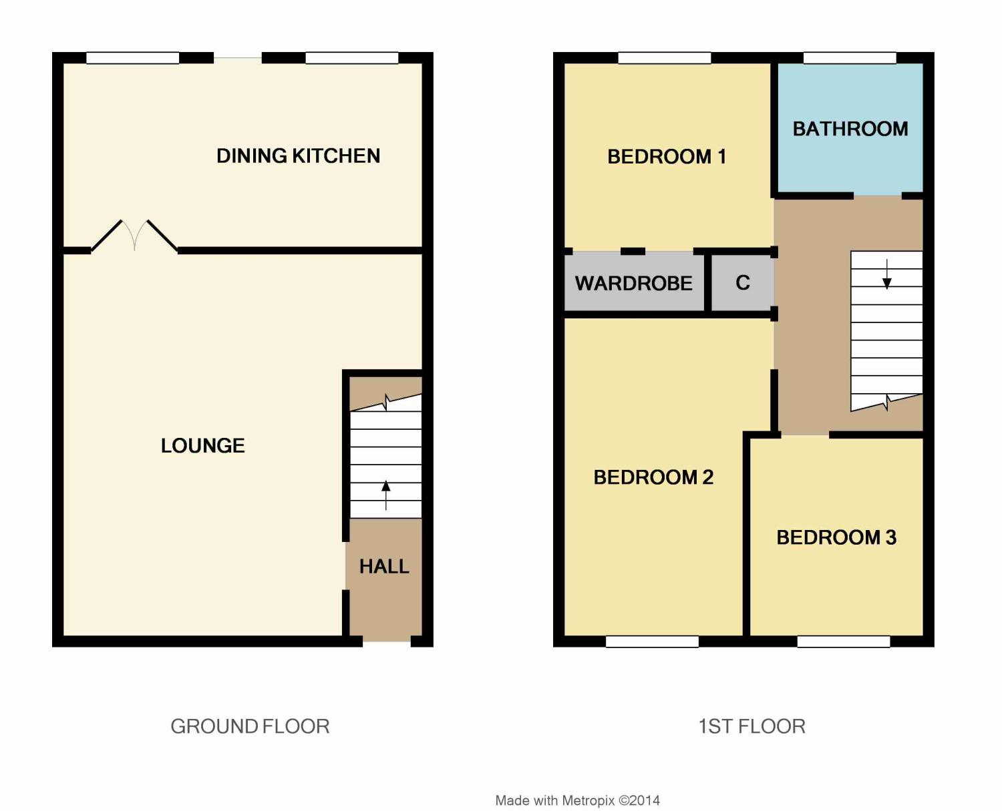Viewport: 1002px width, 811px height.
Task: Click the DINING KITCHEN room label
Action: pyautogui.click(x=298, y=156)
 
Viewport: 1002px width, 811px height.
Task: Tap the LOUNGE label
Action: pyautogui.click(x=203, y=446)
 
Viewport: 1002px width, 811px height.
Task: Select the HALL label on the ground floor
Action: pyautogui.click(x=384, y=567)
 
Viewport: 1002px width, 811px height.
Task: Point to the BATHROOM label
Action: pyautogui.click(x=850, y=129)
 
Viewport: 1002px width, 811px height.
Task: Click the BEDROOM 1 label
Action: pyautogui.click(x=667, y=157)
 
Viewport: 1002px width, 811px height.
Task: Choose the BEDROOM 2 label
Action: pyautogui.click(x=653, y=477)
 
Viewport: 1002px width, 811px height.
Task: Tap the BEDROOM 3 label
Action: pyautogui.click(x=836, y=537)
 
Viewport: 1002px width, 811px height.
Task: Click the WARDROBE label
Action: pyautogui.click(x=634, y=283)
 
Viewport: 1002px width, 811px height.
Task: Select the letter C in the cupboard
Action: pyautogui.click(x=743, y=282)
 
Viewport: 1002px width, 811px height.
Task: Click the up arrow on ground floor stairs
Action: pyautogui.click(x=385, y=495)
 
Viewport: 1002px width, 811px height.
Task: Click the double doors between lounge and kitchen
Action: pyautogui.click(x=134, y=235)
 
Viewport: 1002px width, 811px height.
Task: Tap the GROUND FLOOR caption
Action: pyautogui.click(x=250, y=726)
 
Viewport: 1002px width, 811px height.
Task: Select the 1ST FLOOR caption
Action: pyautogui.click(x=751, y=726)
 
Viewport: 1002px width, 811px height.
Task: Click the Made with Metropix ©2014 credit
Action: pyautogui.click(x=578, y=800)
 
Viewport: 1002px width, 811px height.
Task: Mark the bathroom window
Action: pyautogui.click(x=850, y=58)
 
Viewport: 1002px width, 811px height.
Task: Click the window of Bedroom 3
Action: pyautogui.click(x=844, y=641)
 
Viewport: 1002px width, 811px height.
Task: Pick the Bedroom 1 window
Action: pyautogui.click(x=664, y=58)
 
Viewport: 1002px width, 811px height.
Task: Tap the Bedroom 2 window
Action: pyautogui.click(x=652, y=641)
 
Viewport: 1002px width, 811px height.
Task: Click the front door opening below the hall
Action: pyautogui.click(x=387, y=641)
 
